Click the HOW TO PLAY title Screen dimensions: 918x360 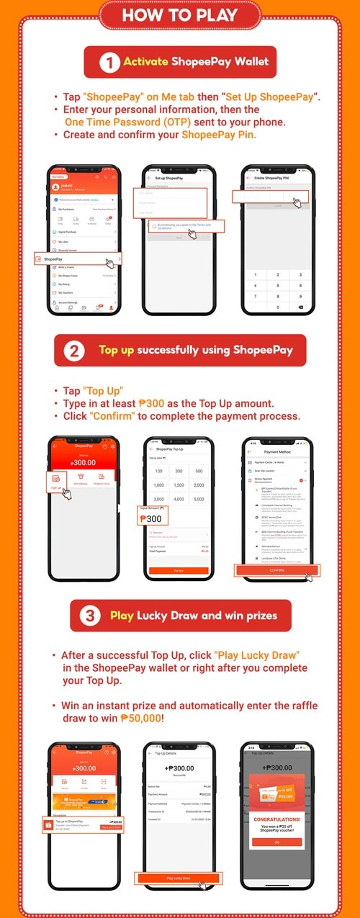(179, 15)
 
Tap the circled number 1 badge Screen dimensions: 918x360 (109, 62)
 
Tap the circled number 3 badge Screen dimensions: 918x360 (90, 616)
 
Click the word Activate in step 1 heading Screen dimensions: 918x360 (145, 62)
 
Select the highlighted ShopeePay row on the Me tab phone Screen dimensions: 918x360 (76, 258)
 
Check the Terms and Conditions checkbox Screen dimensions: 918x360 (154, 226)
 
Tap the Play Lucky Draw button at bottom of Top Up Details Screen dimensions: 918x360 (179, 878)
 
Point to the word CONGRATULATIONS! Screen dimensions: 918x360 (277, 819)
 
